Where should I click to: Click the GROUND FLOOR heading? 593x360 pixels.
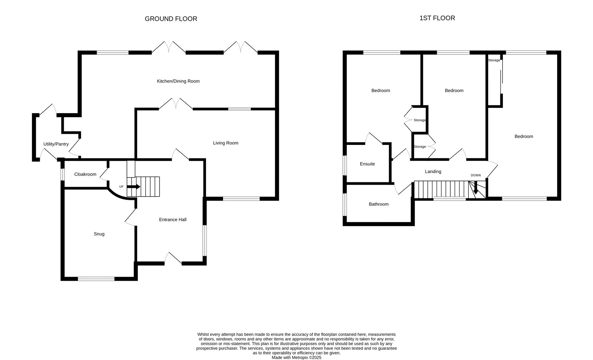(171, 19)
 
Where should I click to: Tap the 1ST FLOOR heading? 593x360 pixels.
(437, 18)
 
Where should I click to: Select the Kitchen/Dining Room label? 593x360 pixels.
(178, 81)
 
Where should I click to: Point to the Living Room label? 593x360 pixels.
(226, 143)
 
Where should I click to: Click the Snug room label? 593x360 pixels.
(99, 234)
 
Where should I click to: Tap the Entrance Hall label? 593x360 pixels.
(173, 219)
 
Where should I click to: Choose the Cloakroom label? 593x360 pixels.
(85, 174)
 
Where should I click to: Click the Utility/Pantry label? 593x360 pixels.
(56, 144)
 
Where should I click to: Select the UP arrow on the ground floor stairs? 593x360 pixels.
(134, 187)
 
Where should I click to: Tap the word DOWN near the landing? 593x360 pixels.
(476, 175)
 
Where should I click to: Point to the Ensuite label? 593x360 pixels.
(367, 164)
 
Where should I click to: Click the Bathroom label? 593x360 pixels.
(378, 204)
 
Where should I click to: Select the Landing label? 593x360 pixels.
(433, 172)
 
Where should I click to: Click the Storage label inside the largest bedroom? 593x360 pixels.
(494, 60)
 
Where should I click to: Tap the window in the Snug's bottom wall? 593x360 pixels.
(96, 279)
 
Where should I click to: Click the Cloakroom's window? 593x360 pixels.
(63, 174)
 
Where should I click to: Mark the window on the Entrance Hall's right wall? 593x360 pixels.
(205, 241)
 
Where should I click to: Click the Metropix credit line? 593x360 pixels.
(296, 358)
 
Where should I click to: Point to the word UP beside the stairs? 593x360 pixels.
(121, 187)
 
